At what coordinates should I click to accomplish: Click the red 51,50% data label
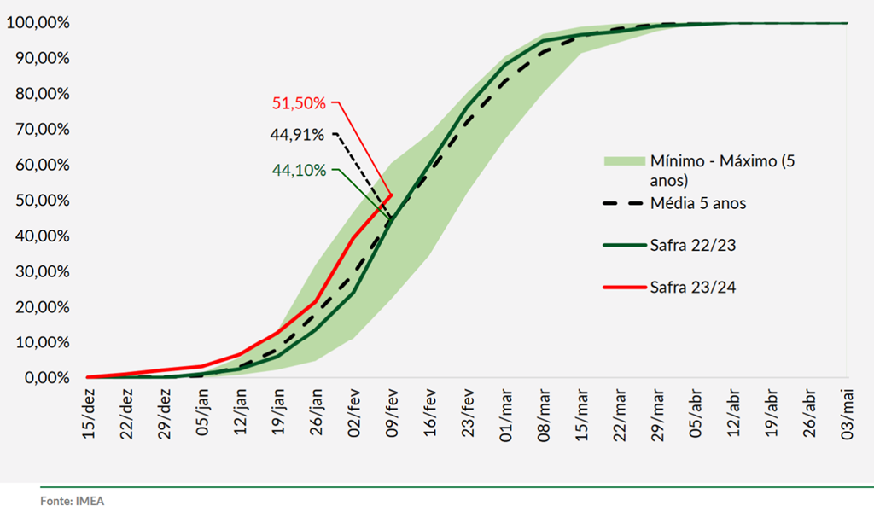[x=299, y=103]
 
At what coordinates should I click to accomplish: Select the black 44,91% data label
[x=297, y=134]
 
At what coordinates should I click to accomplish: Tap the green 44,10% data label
[x=299, y=170]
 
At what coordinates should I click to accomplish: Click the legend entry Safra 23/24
[x=692, y=287]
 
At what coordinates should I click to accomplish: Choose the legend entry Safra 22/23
[x=692, y=245]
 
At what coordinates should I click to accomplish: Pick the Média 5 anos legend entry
[x=698, y=204]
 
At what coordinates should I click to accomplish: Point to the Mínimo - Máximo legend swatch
[x=622, y=160]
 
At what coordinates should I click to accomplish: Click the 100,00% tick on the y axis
[x=38, y=23]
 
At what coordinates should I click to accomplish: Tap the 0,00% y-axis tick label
[x=41, y=378]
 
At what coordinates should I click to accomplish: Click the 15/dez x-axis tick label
[x=90, y=413]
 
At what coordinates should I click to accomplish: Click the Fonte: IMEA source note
[x=72, y=501]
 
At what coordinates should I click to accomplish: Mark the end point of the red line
[x=391, y=195]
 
